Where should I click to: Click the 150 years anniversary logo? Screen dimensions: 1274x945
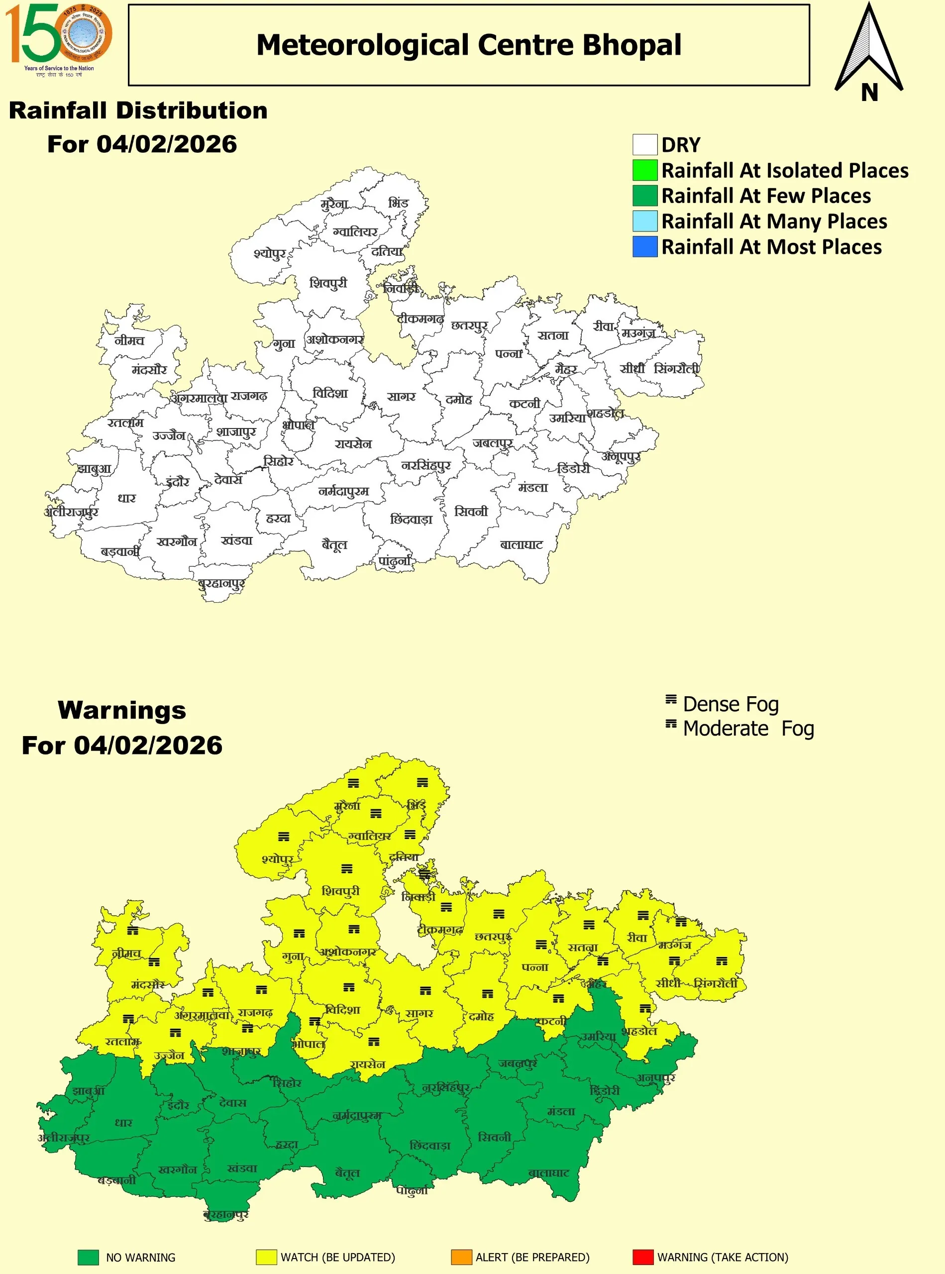pyautogui.click(x=58, y=39)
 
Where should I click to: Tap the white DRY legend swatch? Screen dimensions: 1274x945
pyautogui.click(x=645, y=145)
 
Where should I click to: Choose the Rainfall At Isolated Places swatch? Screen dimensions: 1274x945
pyautogui.click(x=645, y=171)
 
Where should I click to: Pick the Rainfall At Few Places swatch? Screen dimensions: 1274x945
pyautogui.click(x=645, y=196)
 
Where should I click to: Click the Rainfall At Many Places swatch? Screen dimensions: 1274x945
pyautogui.click(x=645, y=221)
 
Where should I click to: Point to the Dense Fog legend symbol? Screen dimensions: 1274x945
pyautogui.click(x=671, y=699)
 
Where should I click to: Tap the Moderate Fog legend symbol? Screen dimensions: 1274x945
pyautogui.click(x=671, y=724)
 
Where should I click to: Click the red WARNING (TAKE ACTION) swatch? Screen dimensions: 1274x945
pyautogui.click(x=643, y=1257)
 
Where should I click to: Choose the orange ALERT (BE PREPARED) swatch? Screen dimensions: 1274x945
pyautogui.click(x=461, y=1257)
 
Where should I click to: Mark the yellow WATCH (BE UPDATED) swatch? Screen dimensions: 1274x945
pyautogui.click(x=266, y=1257)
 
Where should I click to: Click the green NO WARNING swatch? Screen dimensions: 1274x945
pyautogui.click(x=88, y=1257)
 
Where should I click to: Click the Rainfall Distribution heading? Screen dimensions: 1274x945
pyautogui.click(x=138, y=110)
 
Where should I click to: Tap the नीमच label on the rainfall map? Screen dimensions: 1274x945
pyautogui.click(x=130, y=340)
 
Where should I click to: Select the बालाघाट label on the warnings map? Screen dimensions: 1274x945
pyautogui.click(x=548, y=1173)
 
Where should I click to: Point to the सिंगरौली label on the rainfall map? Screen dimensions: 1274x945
pyautogui.click(x=676, y=369)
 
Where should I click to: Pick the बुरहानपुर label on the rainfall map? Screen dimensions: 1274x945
pyautogui.click(x=221, y=584)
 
